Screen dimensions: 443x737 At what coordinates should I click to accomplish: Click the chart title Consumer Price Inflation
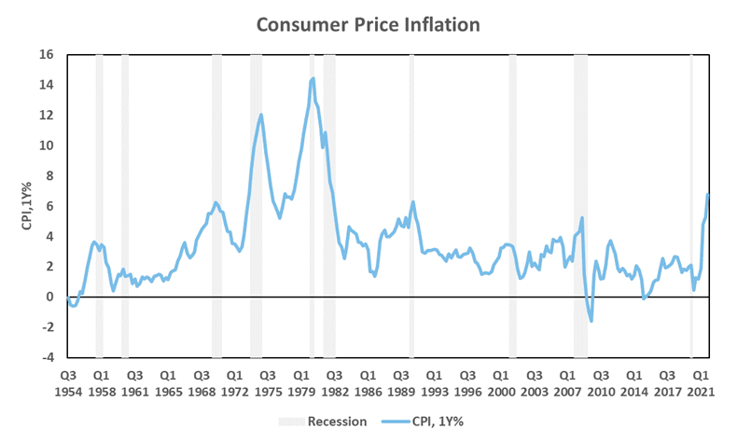point(368,23)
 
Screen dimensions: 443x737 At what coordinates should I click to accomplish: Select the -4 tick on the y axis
point(47,357)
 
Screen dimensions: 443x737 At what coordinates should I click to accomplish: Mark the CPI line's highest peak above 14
point(313,78)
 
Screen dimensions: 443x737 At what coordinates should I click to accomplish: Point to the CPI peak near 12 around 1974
point(261,115)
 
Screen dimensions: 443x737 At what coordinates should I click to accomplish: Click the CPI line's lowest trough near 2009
point(591,321)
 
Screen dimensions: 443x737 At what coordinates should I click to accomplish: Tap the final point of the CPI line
point(709,194)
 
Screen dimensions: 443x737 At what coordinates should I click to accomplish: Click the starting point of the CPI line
point(67,298)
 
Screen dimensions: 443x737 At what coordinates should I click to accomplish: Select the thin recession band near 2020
point(691,205)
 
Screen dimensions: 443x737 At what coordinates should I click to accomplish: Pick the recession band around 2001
point(512,205)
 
